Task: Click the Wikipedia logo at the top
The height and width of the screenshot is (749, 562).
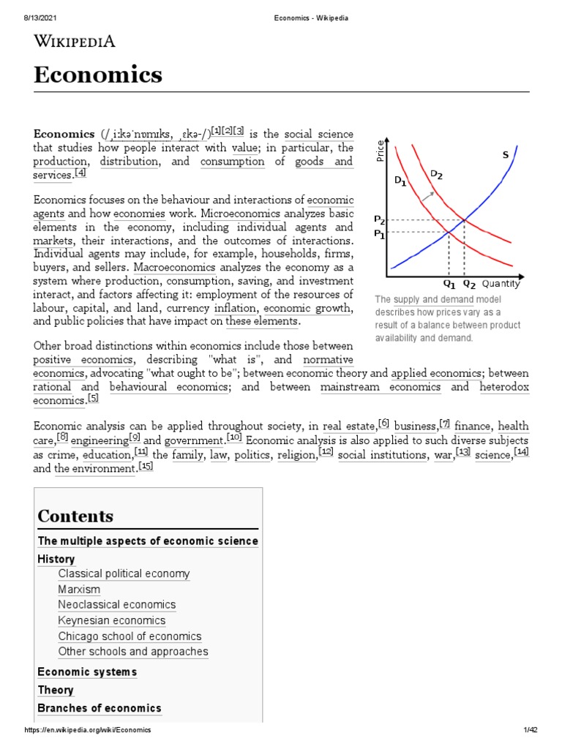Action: coord(74,41)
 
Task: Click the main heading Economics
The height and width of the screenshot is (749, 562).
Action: coord(98,75)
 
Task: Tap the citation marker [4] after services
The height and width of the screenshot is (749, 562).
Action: coord(80,173)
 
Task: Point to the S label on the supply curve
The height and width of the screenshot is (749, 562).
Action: coord(505,155)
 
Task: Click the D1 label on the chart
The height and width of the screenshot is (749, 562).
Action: coord(400,181)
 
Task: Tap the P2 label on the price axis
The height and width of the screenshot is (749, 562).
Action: coord(379,219)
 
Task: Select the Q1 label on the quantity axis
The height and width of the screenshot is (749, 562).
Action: coord(449,284)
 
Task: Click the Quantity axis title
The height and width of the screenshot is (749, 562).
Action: coord(501,284)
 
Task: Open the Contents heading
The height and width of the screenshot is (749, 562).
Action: coord(75,516)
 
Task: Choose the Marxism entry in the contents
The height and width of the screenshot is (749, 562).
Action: coord(79,590)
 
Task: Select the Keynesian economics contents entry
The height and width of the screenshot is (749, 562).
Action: coord(111,620)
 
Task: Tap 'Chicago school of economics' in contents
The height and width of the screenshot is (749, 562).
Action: coord(130,636)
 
